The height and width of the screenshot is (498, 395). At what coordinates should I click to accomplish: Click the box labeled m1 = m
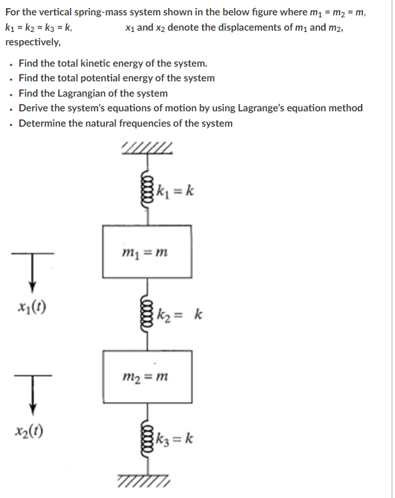pos(147,251)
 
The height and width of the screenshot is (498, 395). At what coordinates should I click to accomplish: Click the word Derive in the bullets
pos(33,108)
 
